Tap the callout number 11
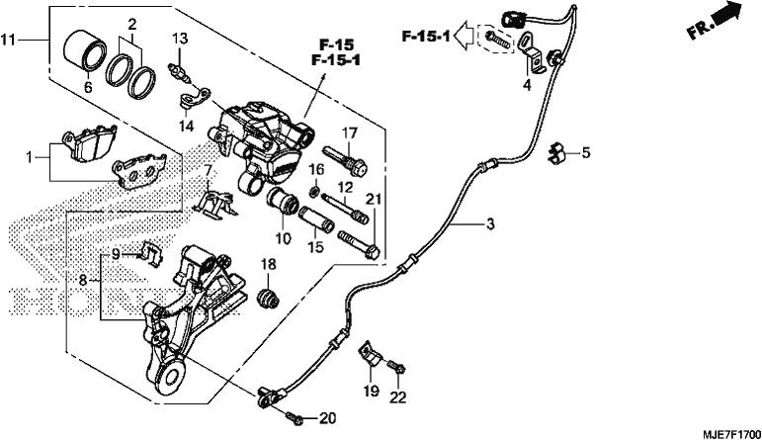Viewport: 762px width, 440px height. point(8,40)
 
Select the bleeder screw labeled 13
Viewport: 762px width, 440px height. point(180,71)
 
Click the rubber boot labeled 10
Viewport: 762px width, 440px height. point(283,202)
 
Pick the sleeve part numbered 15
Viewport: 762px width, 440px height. point(316,219)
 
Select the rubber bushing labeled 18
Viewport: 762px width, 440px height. point(268,296)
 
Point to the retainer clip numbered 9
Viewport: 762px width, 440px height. point(151,252)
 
